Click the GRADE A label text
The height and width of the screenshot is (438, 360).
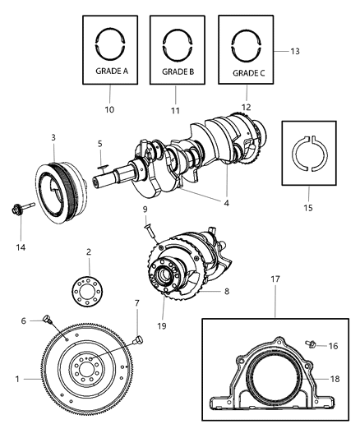click(x=109, y=71)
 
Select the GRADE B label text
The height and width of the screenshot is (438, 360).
click(x=178, y=71)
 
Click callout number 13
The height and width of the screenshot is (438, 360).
click(x=295, y=51)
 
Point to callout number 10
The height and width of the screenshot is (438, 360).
click(x=109, y=108)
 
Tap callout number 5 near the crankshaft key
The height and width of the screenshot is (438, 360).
click(x=99, y=145)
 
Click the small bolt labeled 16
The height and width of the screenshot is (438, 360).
click(x=312, y=346)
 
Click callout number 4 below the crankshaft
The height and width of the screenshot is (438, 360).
click(x=226, y=201)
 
